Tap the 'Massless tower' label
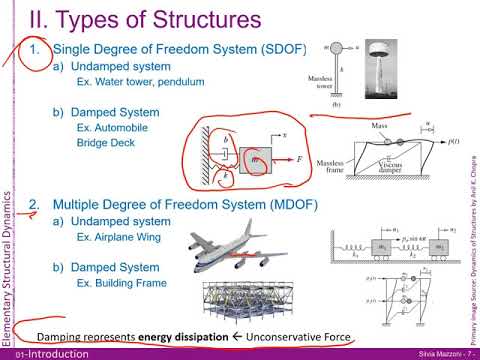[324, 86]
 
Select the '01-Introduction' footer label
[33, 353]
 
